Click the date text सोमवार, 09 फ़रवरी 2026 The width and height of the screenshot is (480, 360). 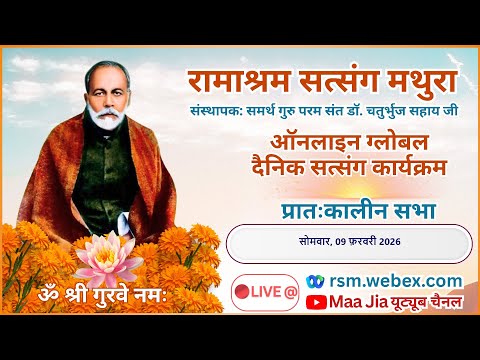coord(349,242)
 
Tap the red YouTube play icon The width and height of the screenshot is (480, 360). coord(318,301)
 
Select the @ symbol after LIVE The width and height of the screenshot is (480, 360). coord(291,292)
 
